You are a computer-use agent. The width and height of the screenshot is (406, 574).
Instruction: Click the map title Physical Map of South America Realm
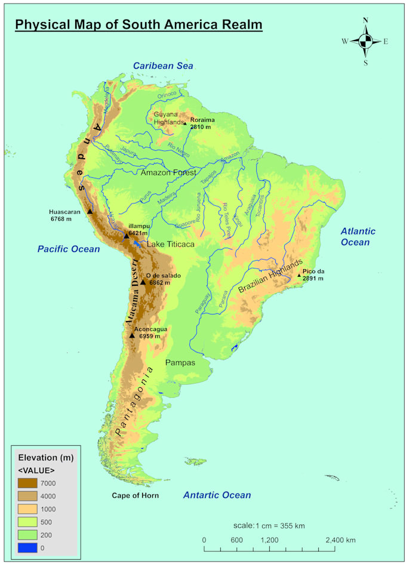(139, 25)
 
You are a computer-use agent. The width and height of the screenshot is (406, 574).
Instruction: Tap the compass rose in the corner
(365, 41)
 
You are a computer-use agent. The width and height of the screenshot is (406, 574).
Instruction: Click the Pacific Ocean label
(69, 249)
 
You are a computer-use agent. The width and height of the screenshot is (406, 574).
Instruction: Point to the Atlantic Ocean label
(358, 236)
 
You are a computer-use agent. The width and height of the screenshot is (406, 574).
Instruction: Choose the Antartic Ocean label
(217, 495)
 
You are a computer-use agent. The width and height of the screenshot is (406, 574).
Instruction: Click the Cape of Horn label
(136, 495)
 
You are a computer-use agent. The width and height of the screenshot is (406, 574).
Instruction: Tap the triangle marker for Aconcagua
(132, 335)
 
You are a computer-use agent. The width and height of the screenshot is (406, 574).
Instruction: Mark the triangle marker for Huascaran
(90, 211)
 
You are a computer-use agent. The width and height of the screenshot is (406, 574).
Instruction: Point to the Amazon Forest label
(168, 172)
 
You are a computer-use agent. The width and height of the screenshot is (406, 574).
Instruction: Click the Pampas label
(180, 362)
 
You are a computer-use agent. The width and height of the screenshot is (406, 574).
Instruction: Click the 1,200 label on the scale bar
(270, 540)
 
